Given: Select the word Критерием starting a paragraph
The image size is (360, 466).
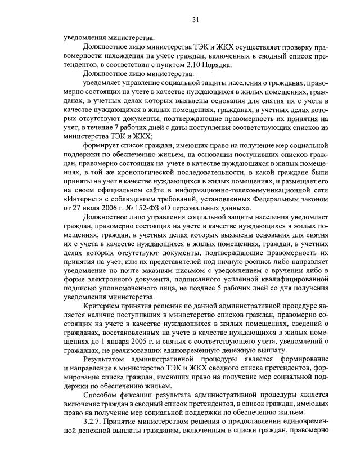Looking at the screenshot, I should [102, 307].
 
